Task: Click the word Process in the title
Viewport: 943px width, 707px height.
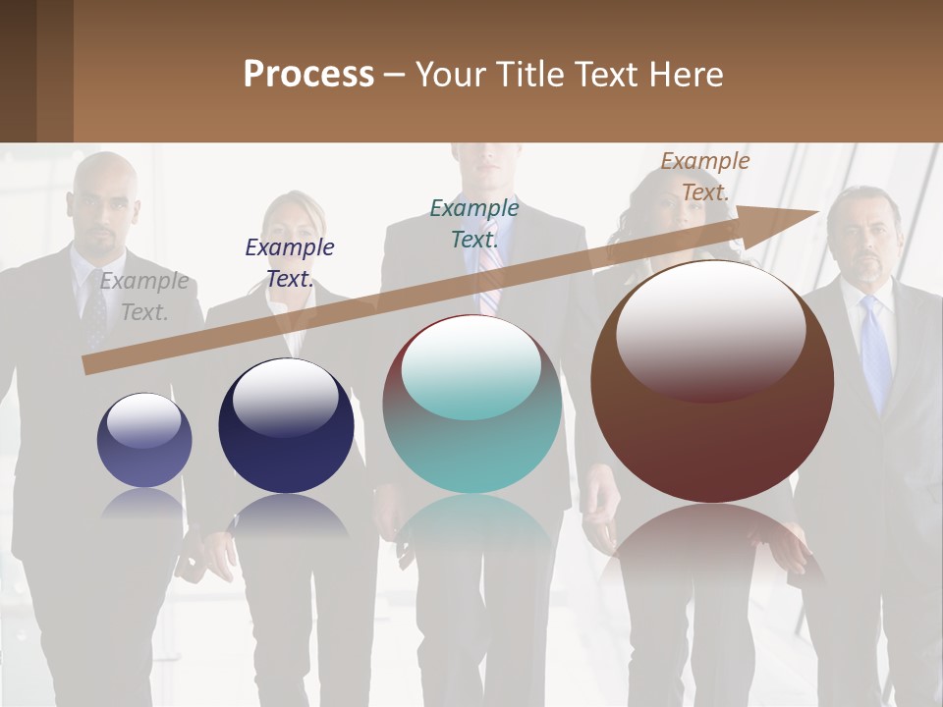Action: click(x=308, y=75)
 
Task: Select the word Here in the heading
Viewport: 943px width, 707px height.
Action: click(x=686, y=75)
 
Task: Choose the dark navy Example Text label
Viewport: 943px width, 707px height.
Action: click(x=290, y=263)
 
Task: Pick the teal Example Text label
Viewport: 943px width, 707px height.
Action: click(x=474, y=223)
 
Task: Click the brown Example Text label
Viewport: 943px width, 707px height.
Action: click(x=704, y=177)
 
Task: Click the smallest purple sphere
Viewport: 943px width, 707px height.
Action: click(x=144, y=440)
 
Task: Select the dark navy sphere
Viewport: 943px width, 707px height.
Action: click(x=286, y=426)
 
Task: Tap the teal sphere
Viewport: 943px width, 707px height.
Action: click(x=471, y=405)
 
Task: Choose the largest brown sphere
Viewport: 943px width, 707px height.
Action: click(x=712, y=383)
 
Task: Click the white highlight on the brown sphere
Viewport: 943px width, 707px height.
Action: click(x=710, y=329)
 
